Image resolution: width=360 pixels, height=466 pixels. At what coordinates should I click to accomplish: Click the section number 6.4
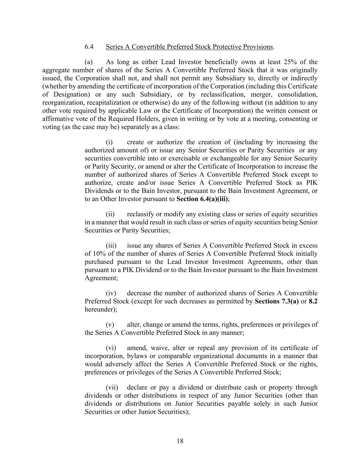89,47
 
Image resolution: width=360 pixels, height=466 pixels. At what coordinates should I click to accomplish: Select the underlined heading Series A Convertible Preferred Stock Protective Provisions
189,47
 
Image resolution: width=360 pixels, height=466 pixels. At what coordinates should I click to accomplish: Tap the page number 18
180,441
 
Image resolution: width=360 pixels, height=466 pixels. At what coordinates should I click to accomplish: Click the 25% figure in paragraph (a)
289,62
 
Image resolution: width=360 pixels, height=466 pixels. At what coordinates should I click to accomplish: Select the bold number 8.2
313,301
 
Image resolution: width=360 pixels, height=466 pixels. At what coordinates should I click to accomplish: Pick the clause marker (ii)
110,214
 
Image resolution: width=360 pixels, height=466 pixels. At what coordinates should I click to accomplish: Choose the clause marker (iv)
111,293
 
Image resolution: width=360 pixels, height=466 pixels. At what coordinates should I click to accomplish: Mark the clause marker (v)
110,325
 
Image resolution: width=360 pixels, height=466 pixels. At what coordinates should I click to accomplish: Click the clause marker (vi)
111,348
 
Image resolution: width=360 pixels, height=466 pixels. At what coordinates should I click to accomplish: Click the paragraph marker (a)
89,62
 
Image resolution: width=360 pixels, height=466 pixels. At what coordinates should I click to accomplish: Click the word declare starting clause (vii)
137,387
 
